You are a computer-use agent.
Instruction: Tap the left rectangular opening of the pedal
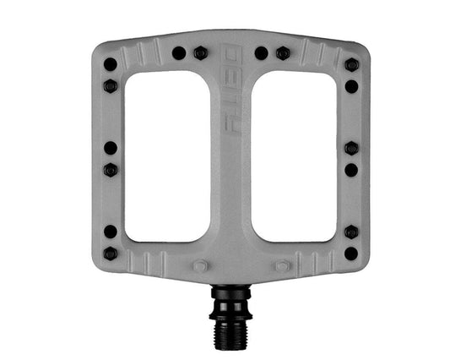pyautogui.click(x=167, y=155)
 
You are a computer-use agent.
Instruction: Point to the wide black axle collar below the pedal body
pyautogui.click(x=230, y=293)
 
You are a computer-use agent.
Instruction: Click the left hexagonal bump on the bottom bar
pyautogui.click(x=200, y=265)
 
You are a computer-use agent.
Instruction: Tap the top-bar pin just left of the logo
pyautogui.click(x=200, y=53)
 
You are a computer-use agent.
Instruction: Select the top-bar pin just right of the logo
pyautogui.click(x=262, y=53)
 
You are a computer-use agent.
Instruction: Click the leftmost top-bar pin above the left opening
pyautogui.click(x=179, y=53)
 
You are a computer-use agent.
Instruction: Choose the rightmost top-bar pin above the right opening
pyautogui.click(x=283, y=53)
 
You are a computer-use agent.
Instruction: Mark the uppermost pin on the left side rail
pyautogui.click(x=110, y=63)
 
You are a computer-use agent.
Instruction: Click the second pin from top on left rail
pyautogui.click(x=110, y=85)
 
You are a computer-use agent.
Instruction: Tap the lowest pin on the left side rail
pyautogui.click(x=110, y=253)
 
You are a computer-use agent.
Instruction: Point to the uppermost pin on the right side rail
pyautogui.click(x=351, y=64)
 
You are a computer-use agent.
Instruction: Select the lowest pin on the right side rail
pyautogui.click(x=351, y=253)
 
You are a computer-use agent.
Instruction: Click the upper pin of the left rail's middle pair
pyautogui.click(x=110, y=148)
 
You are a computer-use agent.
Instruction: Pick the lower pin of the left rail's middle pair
pyautogui.click(x=110, y=170)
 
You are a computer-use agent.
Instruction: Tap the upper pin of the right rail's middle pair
pyautogui.click(x=351, y=148)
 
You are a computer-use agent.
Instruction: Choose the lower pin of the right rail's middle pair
pyautogui.click(x=351, y=170)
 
